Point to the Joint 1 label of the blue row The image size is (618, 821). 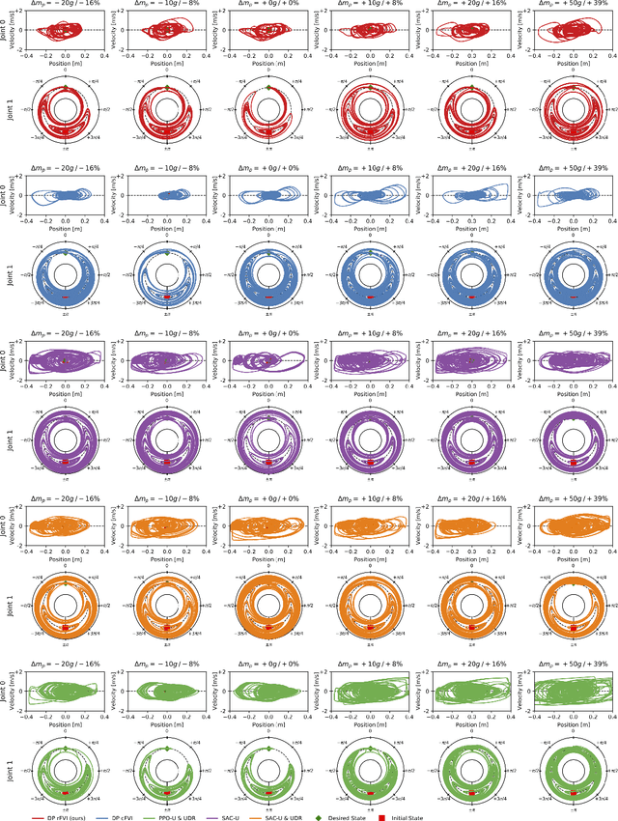pyautogui.click(x=7, y=265)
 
